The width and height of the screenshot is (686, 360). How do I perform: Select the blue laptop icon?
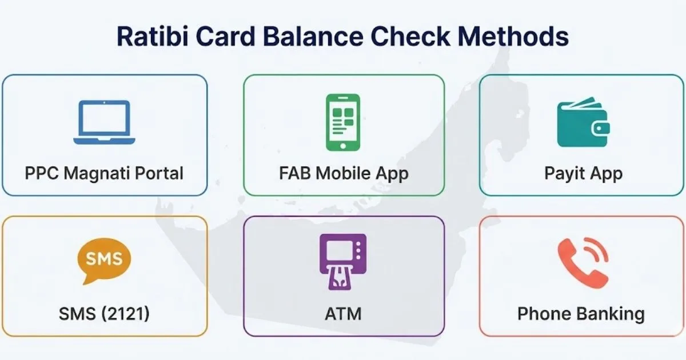[x=105, y=122]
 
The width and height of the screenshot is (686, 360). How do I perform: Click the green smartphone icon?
[x=343, y=122]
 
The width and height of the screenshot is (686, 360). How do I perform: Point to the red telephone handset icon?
[x=582, y=262]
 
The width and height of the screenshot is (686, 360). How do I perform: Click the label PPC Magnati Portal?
[x=105, y=173]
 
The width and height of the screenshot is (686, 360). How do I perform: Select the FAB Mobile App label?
[x=344, y=173]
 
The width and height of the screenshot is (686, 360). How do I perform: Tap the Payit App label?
[x=583, y=173]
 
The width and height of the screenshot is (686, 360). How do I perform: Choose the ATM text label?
[x=343, y=314]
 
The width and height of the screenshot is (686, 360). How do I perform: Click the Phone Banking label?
[x=581, y=314]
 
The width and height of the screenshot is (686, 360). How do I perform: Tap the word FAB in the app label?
[x=294, y=173]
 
